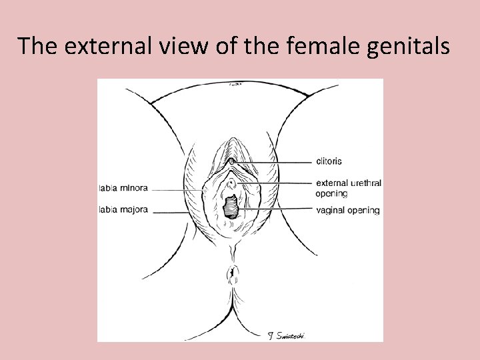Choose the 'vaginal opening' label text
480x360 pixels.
pos(347,210)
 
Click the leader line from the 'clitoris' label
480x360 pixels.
pos(273,162)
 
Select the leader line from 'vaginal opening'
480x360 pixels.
pos(277,210)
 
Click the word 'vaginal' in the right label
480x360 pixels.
pos(331,210)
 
